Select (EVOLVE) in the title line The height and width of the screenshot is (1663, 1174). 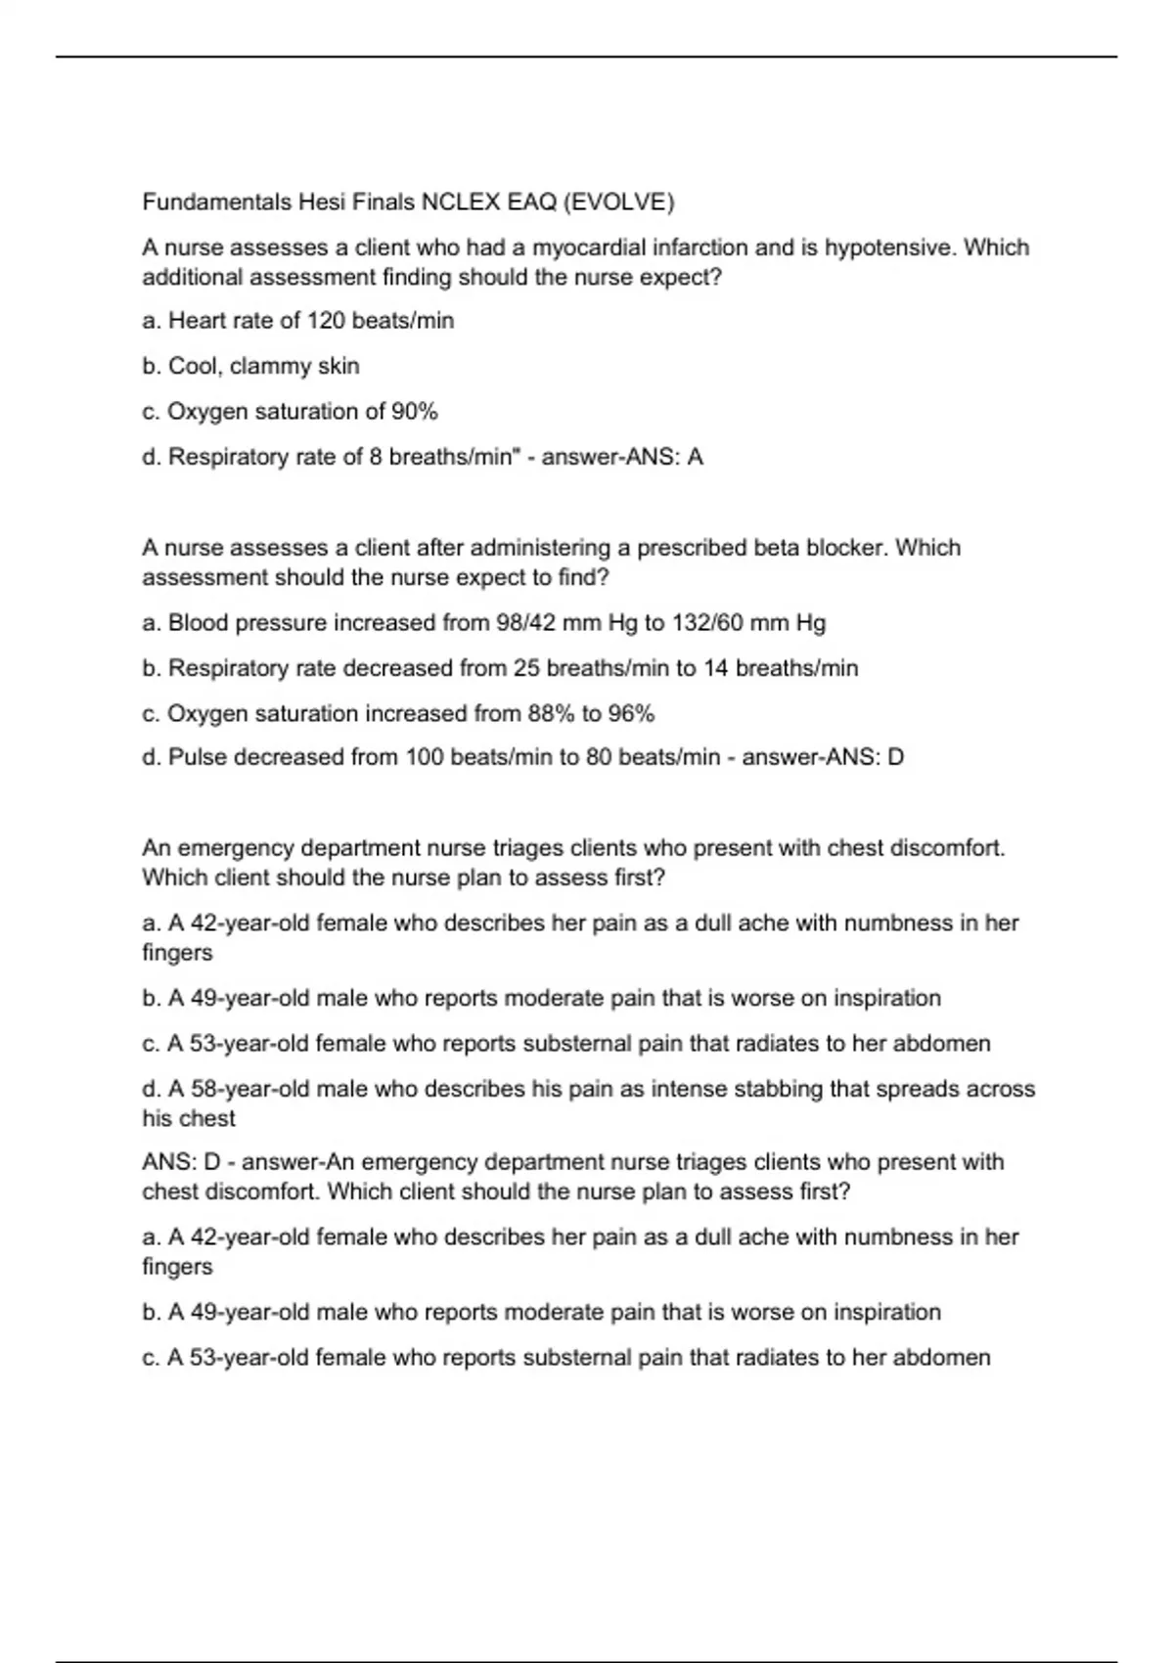pyautogui.click(x=618, y=202)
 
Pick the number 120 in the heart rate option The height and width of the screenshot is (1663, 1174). pyautogui.click(x=326, y=321)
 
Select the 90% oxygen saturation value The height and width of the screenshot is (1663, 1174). pyautogui.click(x=414, y=412)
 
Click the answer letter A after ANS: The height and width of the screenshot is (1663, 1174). pyautogui.click(x=696, y=457)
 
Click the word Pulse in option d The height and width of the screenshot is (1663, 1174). pyautogui.click(x=197, y=757)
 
